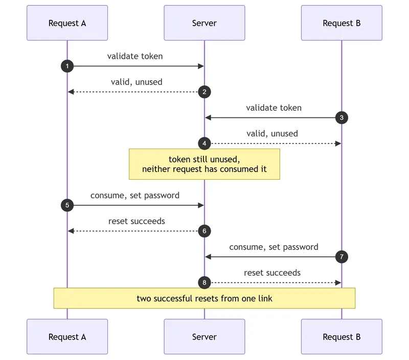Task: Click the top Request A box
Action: click(67, 23)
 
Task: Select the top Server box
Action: click(204, 23)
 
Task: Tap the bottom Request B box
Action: click(342, 337)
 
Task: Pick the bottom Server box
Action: click(204, 337)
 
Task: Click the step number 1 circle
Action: click(67, 66)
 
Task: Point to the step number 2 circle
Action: click(204, 92)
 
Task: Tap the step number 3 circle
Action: click(342, 118)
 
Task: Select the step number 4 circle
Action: click(204, 143)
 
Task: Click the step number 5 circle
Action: click(67, 205)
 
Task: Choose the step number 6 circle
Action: click(204, 231)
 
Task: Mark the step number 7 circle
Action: click(342, 257)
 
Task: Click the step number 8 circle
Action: click(204, 282)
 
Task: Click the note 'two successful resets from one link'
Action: click(204, 298)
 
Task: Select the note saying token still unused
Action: click(204, 164)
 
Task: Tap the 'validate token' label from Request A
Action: click(135, 56)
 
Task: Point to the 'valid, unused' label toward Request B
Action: click(272, 134)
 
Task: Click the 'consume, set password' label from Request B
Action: click(274, 247)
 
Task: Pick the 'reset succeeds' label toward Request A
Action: click(137, 221)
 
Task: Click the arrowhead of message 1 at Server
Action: click(201, 66)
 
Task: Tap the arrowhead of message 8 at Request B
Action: click(338, 282)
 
